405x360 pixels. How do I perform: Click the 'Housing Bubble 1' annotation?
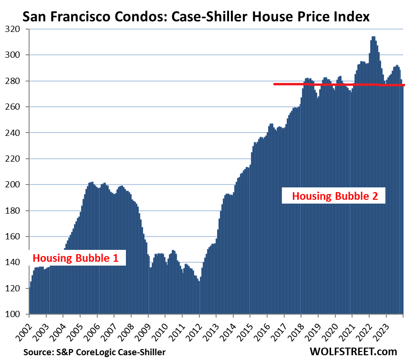tap(75, 258)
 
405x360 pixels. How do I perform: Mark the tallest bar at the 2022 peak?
tap(373, 37)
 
